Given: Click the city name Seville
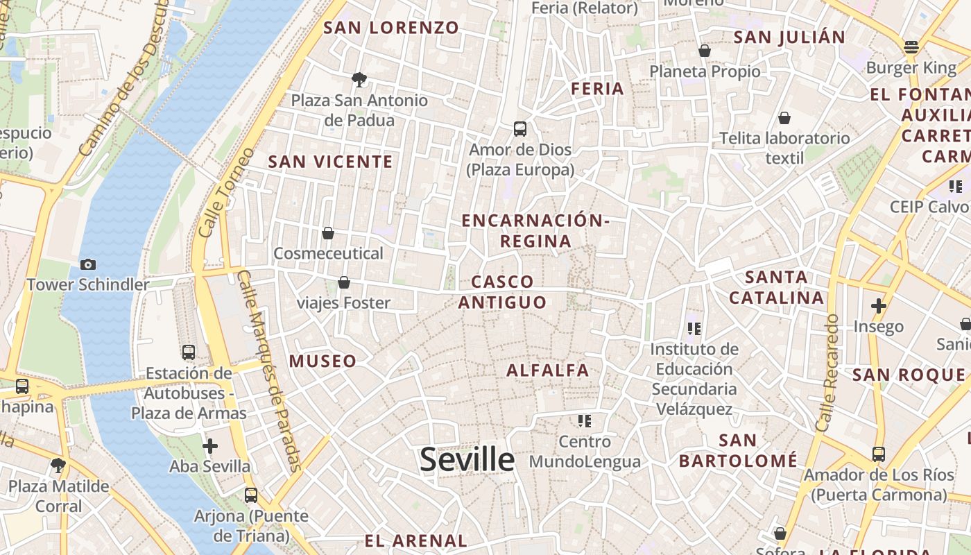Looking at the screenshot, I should click(467, 459).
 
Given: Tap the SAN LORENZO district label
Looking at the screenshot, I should click(391, 28).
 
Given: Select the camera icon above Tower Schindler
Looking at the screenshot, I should click(88, 264).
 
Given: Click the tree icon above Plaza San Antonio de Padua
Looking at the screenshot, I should click(359, 80).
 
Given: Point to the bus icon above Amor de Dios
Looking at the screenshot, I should click(520, 128).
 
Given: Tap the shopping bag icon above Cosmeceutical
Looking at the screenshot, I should click(327, 233).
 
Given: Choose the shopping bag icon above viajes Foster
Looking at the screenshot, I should click(343, 282).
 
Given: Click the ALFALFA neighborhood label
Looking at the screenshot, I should click(547, 370).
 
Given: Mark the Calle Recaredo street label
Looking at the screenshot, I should click(828, 373).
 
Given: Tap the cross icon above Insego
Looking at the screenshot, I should click(879, 305).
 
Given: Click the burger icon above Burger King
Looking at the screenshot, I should click(911, 47).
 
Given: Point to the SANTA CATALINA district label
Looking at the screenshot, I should click(777, 288).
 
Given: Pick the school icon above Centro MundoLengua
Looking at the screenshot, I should click(584, 420).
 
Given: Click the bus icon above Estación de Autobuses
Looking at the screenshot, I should click(189, 352).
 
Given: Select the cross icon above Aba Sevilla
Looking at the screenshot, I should click(209, 446).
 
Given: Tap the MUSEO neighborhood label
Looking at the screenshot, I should click(323, 361).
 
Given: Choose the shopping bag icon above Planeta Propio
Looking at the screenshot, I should click(705, 51).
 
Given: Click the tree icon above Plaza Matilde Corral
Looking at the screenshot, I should click(58, 466).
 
